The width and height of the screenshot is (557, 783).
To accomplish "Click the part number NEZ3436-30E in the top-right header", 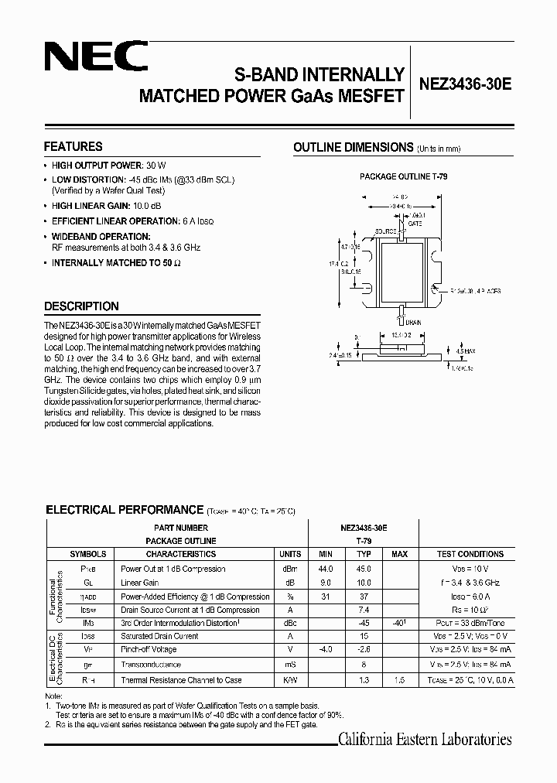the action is pyautogui.click(x=465, y=87).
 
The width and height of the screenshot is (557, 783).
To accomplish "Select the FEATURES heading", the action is pyautogui.click(x=73, y=146).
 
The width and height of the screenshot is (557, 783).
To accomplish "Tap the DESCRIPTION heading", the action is pyautogui.click(x=81, y=306).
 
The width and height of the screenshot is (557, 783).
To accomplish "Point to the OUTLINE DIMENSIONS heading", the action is pyautogui.click(x=353, y=147).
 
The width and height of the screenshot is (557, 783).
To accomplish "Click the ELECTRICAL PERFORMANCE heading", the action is pyautogui.click(x=124, y=510).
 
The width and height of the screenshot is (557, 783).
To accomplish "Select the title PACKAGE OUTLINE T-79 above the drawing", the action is pyautogui.click(x=403, y=177).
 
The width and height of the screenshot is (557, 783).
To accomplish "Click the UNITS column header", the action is pyautogui.click(x=290, y=554).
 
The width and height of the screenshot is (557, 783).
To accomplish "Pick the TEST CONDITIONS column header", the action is pyautogui.click(x=470, y=554).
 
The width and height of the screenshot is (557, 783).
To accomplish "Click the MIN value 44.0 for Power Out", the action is pyautogui.click(x=325, y=569).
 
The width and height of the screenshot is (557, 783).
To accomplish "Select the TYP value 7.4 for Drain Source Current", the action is pyautogui.click(x=364, y=610).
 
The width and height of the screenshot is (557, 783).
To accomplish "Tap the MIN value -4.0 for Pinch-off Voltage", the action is pyautogui.click(x=325, y=651).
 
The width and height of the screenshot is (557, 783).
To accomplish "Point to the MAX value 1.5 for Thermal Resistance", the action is pyautogui.click(x=400, y=680).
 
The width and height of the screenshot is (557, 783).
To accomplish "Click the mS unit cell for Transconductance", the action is pyautogui.click(x=290, y=665).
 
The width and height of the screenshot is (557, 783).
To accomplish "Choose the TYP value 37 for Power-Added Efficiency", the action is pyautogui.click(x=364, y=597).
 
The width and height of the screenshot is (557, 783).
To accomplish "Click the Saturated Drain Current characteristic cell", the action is pyautogui.click(x=160, y=636).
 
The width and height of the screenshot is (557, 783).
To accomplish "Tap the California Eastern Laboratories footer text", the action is pyautogui.click(x=425, y=740).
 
